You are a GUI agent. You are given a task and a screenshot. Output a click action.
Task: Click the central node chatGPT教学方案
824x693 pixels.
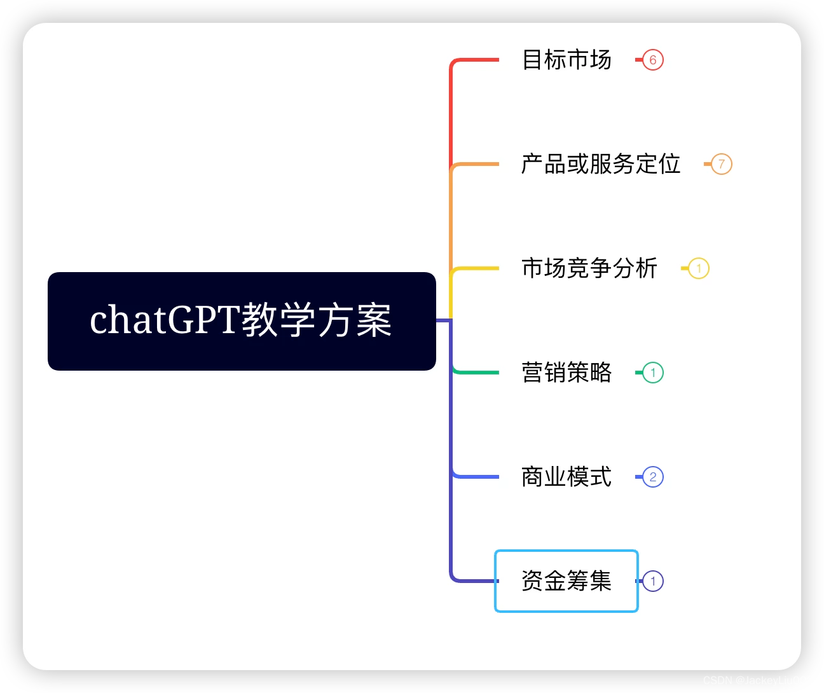[x=242, y=321]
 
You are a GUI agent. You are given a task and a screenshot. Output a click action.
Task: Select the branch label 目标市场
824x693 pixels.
[x=566, y=60]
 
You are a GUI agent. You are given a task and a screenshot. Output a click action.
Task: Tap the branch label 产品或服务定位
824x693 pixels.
[x=601, y=164]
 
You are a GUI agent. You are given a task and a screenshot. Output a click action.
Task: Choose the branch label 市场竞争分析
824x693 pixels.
[x=589, y=268]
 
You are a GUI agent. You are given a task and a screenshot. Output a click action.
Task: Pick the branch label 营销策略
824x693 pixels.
[x=566, y=373]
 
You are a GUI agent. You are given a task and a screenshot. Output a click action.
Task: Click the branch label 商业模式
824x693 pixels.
[x=566, y=477]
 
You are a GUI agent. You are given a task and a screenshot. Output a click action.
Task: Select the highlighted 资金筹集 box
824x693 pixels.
[x=566, y=581]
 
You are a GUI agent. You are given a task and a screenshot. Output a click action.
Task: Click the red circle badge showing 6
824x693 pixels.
[x=653, y=60]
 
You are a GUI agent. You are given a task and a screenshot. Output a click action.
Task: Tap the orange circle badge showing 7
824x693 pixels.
[x=722, y=164]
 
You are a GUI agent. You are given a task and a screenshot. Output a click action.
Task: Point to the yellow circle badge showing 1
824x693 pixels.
[x=699, y=268]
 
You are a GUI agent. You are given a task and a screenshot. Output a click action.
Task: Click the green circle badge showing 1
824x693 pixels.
[x=653, y=373]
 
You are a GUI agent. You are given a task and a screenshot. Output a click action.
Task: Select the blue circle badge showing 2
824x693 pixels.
[x=653, y=477]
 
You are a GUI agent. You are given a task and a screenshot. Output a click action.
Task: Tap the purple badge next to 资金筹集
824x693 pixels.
[x=653, y=581]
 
